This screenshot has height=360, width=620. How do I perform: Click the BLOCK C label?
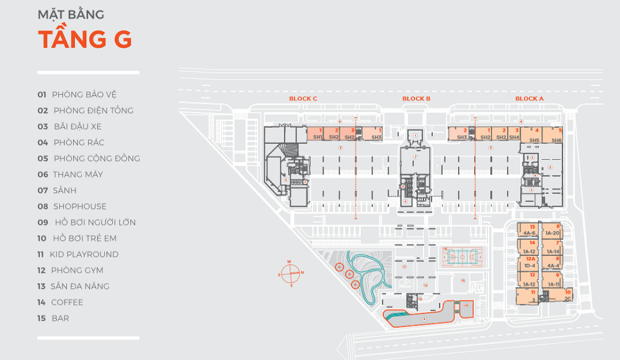[x=303, y=99]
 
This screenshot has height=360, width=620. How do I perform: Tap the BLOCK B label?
[x=416, y=99]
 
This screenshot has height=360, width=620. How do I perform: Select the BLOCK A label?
[x=529, y=99]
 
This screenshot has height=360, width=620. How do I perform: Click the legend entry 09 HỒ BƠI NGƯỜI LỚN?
[x=86, y=222]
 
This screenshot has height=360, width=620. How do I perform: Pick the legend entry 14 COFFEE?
[x=60, y=302]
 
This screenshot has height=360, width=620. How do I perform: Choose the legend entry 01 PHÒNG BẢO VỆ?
[x=77, y=95]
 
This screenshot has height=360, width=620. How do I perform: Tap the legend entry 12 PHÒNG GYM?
[x=70, y=270]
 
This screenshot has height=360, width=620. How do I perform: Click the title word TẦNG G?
[x=85, y=38]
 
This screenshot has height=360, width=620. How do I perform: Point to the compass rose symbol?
[x=290, y=273]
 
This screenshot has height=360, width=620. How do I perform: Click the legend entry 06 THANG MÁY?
[x=70, y=175]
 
